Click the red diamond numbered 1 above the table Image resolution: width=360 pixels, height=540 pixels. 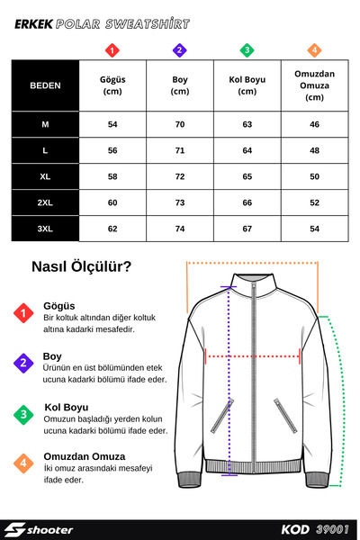coord(112,49)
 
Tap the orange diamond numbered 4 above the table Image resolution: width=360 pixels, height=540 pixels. coord(314,49)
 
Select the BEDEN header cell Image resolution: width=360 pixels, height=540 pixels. coord(45,85)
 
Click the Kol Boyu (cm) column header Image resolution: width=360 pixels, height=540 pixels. coord(247,85)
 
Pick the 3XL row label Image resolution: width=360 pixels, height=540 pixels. coord(45,229)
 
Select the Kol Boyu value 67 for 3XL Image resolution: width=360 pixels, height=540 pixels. coord(247,229)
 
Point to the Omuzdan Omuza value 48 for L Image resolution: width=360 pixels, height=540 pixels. coord(314,149)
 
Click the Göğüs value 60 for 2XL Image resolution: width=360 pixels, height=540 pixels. coord(112,203)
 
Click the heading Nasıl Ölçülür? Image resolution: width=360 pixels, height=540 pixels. coord(82,266)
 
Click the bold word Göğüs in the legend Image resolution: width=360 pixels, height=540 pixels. coord(59,306)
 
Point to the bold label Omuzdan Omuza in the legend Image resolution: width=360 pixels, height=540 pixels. coord(84,457)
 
